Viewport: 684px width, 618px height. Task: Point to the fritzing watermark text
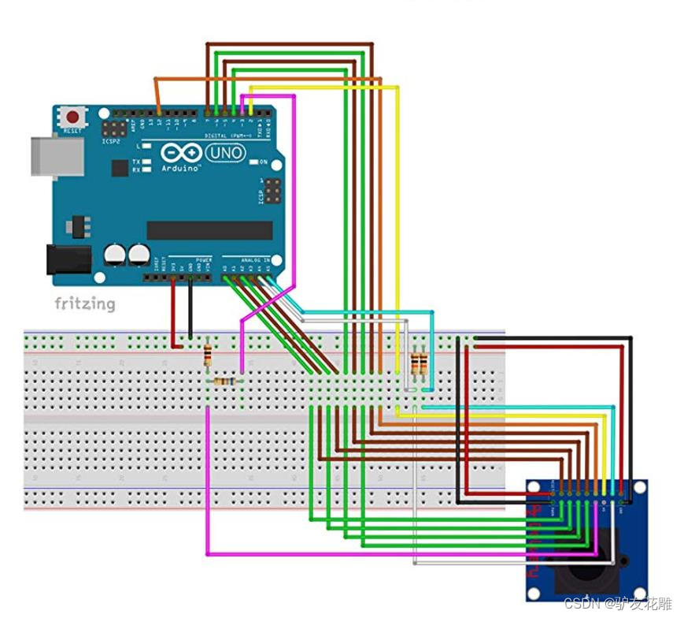pos(84,303)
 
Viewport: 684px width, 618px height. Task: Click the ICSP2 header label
pos(112,142)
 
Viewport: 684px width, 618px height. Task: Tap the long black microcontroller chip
pos(209,230)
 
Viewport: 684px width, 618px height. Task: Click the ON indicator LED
pos(253,162)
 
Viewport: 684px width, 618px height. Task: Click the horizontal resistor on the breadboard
pos(224,382)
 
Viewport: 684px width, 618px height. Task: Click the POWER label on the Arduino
pos(203,259)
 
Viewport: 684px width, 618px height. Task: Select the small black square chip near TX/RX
pos(120,167)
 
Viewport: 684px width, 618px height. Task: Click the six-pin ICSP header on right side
pos(272,190)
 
